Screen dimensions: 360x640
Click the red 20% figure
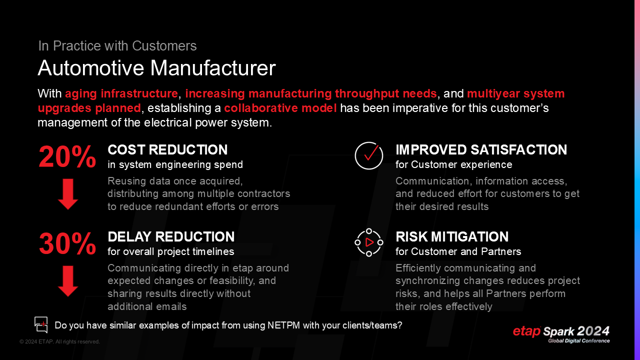[x=67, y=157]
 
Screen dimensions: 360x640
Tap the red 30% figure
[x=67, y=244]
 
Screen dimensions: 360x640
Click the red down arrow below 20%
[x=68, y=193]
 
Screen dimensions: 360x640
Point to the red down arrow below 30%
[x=68, y=280]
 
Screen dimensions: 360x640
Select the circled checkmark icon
[x=369, y=155]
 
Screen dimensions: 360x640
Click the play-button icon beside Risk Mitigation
[x=369, y=242]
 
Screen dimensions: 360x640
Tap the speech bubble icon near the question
[x=41, y=325]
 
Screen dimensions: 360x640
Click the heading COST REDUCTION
[x=167, y=150]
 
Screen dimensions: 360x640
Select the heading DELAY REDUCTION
[x=171, y=236]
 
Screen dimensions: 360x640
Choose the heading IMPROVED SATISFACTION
[x=481, y=150]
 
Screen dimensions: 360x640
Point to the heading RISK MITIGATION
[x=452, y=236]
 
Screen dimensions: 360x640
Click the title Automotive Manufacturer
[x=156, y=68]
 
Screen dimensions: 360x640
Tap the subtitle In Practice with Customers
[x=117, y=46]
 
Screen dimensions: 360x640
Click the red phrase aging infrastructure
[x=121, y=93]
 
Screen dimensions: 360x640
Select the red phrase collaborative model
[x=280, y=108]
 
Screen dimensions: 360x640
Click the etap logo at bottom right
[x=527, y=331]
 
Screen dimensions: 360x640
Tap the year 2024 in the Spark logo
[x=593, y=331]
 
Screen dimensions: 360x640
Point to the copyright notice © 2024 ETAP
[x=59, y=342]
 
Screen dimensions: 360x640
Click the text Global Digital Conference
[x=579, y=341]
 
